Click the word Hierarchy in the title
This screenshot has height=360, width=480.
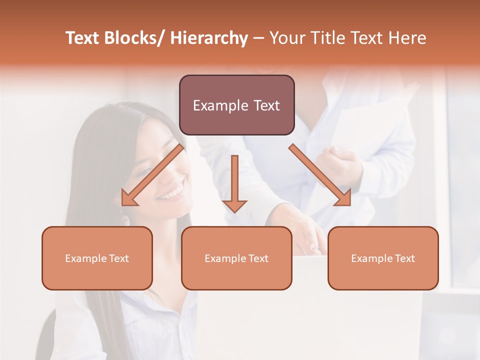pyautogui.click(x=208, y=38)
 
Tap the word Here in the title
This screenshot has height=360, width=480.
pyautogui.click(x=407, y=38)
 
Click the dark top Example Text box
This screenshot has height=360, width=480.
pyautogui.click(x=236, y=105)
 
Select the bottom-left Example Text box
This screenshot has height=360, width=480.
pyautogui.click(x=97, y=258)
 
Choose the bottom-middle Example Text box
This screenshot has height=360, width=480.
pyautogui.click(x=236, y=258)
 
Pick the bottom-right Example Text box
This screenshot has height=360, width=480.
pyautogui.click(x=383, y=258)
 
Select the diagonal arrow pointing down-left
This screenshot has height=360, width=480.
pyautogui.click(x=152, y=175)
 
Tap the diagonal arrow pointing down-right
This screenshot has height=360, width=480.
pyautogui.click(x=320, y=175)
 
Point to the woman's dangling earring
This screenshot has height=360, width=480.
pyautogui.click(x=122, y=218)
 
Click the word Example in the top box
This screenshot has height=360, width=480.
pyautogui.click(x=219, y=105)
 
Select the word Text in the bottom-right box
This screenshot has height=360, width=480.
pyautogui.click(x=404, y=258)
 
